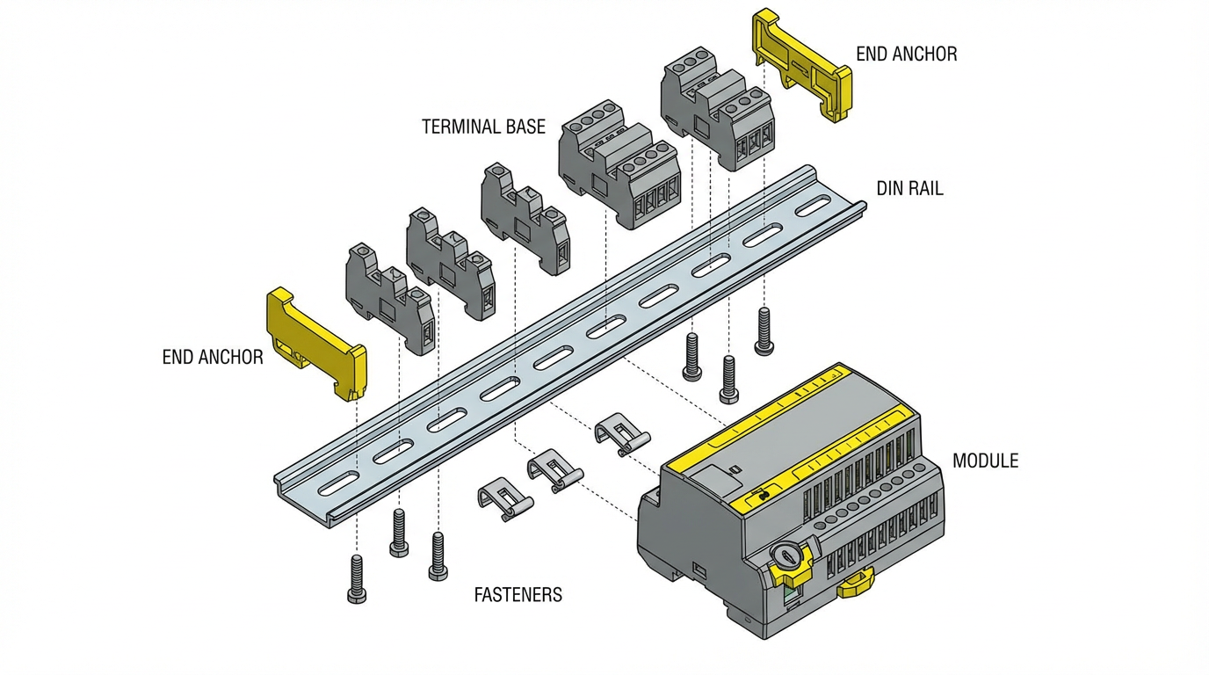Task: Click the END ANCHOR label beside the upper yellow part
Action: point(906,54)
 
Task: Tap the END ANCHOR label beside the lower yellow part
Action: point(213,357)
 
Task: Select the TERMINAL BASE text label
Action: point(483,127)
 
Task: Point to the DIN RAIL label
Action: point(909,189)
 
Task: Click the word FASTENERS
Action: point(518,595)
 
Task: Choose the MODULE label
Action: point(985,461)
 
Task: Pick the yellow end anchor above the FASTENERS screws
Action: point(316,344)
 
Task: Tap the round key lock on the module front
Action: point(787,555)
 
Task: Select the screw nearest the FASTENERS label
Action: point(438,555)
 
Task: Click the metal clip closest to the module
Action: point(621,434)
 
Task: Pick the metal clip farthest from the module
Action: point(503,498)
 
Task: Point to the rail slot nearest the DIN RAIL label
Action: point(814,209)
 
